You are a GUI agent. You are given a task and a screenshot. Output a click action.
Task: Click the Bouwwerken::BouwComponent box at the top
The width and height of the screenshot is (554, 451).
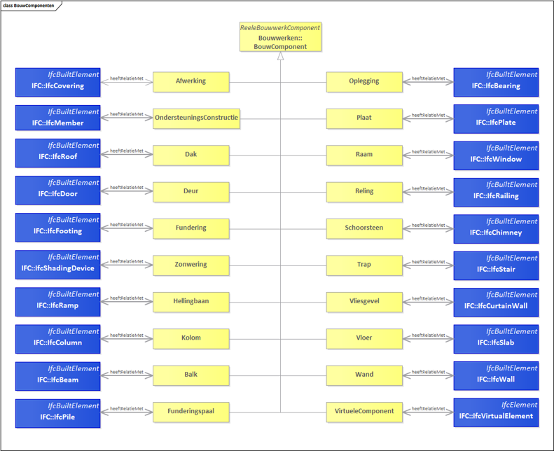[281, 36]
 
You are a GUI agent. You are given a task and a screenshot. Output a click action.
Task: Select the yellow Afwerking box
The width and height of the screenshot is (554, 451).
[191, 82]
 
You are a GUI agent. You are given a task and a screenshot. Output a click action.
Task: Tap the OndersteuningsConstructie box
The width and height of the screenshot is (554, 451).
[196, 118]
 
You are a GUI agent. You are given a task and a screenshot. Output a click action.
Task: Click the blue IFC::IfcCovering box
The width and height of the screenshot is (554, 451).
[58, 83]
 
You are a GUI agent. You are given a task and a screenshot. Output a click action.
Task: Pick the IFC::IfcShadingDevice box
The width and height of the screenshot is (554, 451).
[58, 265]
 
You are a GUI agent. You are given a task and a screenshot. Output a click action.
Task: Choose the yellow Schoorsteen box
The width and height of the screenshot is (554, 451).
[364, 229]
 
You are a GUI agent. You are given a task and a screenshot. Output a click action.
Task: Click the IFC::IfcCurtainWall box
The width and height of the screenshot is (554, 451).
[496, 303]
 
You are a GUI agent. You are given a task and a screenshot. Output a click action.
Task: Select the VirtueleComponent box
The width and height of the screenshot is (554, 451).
[364, 412]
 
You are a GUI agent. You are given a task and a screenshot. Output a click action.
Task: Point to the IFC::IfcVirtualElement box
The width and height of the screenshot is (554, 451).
[496, 412]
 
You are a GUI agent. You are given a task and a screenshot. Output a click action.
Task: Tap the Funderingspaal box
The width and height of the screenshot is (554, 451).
[191, 412]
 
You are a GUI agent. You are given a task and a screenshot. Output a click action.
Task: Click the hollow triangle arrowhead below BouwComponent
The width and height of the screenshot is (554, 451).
[281, 56]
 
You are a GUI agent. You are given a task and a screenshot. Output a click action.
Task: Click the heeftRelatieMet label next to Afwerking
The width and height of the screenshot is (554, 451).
[127, 78]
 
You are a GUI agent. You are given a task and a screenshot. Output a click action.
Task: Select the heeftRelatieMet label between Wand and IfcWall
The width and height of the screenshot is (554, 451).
[428, 372]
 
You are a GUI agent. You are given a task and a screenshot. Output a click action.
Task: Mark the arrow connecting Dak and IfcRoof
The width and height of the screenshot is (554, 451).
[127, 154]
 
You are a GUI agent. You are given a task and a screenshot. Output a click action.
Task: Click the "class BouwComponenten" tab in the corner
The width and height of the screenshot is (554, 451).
[29, 6]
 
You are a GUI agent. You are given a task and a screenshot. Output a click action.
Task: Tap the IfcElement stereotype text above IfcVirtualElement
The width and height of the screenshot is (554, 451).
[519, 405]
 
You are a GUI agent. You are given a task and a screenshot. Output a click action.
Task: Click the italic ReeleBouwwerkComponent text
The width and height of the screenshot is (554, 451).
[280, 27]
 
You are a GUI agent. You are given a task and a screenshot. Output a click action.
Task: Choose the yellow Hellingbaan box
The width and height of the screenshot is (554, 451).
[191, 303]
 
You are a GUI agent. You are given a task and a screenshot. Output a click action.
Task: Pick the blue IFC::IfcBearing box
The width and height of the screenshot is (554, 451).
[496, 83]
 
